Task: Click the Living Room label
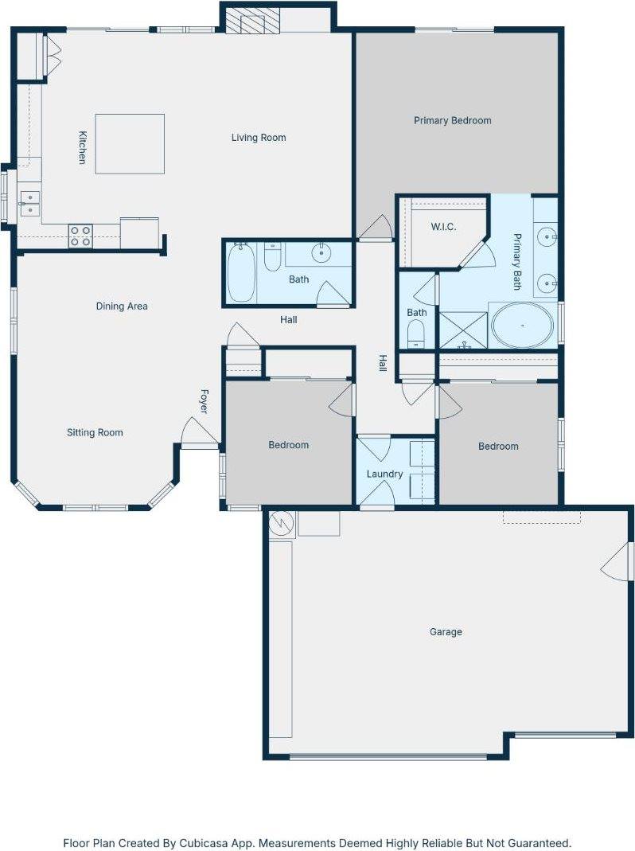[259, 138]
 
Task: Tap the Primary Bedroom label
[452, 121]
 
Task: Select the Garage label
[446, 632]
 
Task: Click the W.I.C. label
[443, 227]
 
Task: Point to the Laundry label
[384, 474]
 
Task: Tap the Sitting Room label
[95, 433]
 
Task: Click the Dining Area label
[122, 306]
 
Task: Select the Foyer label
[204, 401]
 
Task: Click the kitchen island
[131, 144]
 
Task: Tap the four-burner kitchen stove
[80, 236]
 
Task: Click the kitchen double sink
[30, 204]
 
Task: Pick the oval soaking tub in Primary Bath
[522, 326]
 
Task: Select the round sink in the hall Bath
[321, 253]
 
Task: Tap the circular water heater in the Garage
[282, 524]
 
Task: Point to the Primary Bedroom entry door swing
[375, 228]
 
